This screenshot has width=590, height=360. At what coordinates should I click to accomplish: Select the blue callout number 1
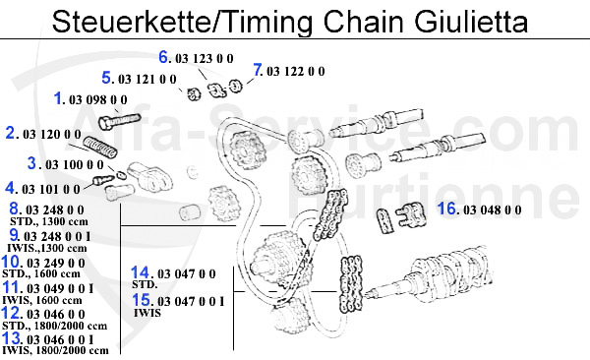click(x=59, y=98)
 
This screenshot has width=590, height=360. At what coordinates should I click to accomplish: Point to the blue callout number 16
click(x=448, y=209)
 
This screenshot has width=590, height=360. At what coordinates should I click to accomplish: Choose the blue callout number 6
click(x=165, y=57)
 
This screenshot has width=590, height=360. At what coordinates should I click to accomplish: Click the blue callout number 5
click(x=107, y=78)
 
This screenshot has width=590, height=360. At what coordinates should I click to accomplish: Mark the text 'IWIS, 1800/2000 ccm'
click(x=57, y=350)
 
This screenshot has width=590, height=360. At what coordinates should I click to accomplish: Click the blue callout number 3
click(x=31, y=163)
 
